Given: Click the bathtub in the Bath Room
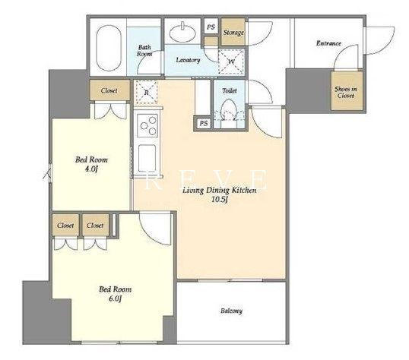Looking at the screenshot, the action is click(x=109, y=48).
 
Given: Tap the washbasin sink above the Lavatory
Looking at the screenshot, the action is click(x=182, y=33).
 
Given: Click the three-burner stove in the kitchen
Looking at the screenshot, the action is click(x=147, y=125).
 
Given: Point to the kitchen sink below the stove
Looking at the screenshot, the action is click(x=147, y=158).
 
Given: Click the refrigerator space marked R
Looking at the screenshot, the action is click(x=146, y=93).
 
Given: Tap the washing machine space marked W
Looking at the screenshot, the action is click(x=231, y=62).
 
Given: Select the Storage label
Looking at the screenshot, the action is click(x=233, y=33).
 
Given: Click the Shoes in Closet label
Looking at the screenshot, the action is click(x=346, y=93).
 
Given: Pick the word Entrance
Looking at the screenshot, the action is click(x=328, y=43).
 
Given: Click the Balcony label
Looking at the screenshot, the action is click(x=231, y=311).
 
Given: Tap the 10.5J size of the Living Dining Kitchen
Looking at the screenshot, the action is click(x=220, y=200).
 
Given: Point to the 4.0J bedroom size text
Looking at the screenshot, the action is click(x=91, y=169).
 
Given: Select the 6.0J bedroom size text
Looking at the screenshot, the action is click(x=115, y=298).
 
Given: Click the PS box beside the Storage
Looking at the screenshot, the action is click(x=211, y=27).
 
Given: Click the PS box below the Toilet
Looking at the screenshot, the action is click(x=204, y=123).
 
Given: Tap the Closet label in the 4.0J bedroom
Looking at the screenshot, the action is click(x=109, y=90).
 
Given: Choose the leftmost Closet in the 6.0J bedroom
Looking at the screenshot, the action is click(x=65, y=225).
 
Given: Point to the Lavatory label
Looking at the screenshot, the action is click(x=188, y=60).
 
